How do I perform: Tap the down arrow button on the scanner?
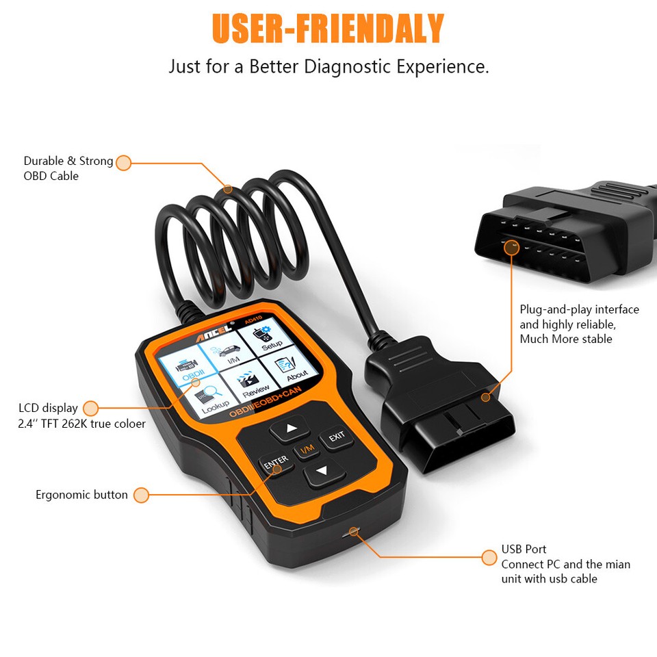pos(323,472)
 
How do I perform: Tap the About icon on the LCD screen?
pos(294,367)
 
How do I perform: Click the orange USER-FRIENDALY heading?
pos(328,29)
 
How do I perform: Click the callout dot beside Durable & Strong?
pos(123,163)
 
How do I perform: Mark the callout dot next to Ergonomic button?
pos(141,495)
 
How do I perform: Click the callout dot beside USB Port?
pos(489,557)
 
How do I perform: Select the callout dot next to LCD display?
pos(90,409)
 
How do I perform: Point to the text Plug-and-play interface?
pos(579,309)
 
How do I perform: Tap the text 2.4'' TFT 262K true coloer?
pos(81,424)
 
